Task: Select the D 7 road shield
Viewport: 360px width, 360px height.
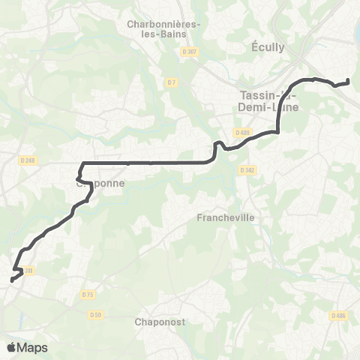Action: [x=172, y=82]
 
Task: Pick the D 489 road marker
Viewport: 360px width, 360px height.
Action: [x=241, y=133]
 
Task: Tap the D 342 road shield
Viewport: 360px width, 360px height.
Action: [x=248, y=170]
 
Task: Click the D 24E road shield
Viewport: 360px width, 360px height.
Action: [x=28, y=160]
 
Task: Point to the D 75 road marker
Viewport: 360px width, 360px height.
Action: [x=88, y=295]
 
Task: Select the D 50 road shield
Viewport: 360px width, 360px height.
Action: [x=94, y=313]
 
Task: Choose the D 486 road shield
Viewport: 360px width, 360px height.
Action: [x=339, y=316]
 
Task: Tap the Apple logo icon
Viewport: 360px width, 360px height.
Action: [x=11, y=347]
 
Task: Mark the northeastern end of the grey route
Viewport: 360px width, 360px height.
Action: [x=348, y=81]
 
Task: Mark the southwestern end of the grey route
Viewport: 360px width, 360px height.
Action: [x=12, y=280]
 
